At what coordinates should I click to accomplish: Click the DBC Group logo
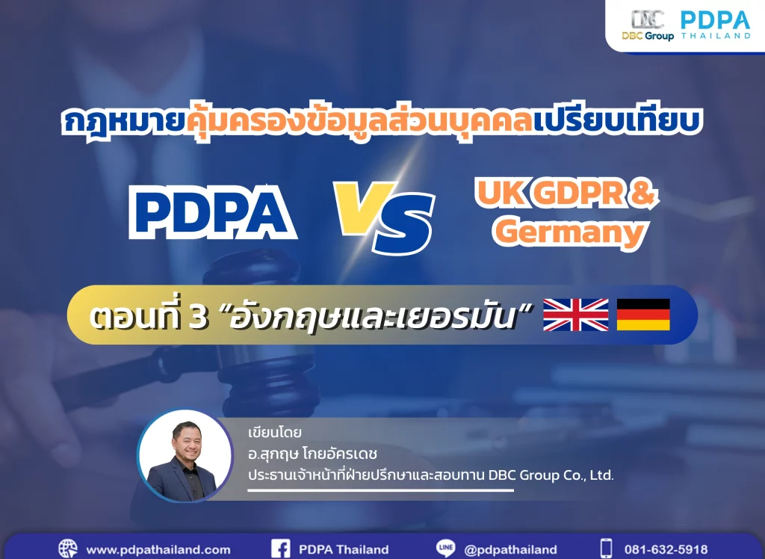click(648, 25)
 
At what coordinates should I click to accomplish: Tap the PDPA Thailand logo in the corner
click(716, 25)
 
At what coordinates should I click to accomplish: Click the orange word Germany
click(570, 232)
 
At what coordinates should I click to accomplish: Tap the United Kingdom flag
click(576, 315)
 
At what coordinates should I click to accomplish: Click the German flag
click(643, 315)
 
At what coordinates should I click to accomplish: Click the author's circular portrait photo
click(185, 456)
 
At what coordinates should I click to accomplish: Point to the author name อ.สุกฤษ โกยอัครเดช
click(313, 454)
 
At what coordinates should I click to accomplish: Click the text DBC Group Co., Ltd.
click(551, 475)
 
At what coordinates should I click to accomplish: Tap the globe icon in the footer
click(68, 549)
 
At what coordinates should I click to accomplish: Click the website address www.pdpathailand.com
click(158, 550)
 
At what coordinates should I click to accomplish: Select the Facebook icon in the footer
click(281, 549)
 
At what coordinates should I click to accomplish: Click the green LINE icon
click(445, 549)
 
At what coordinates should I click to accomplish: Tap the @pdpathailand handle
click(510, 550)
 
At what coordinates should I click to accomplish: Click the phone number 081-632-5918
click(666, 550)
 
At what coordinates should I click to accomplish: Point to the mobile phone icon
click(606, 549)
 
